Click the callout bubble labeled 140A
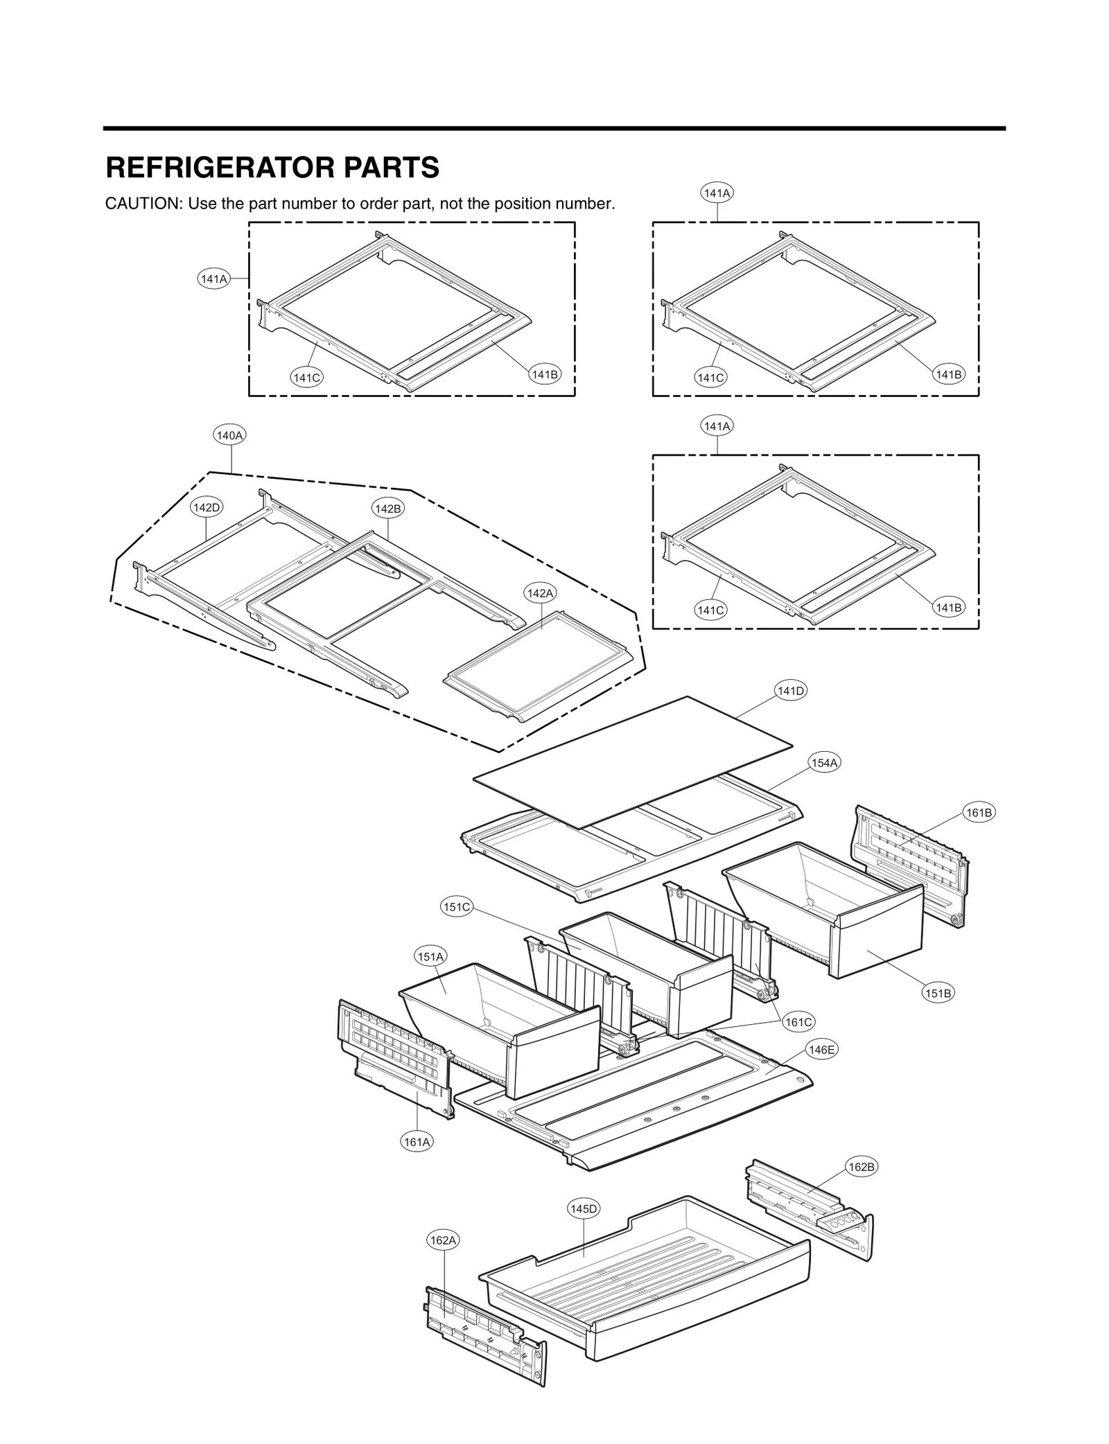click(230, 436)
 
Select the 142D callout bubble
click(207, 507)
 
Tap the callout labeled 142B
click(387, 509)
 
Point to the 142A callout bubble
click(541, 593)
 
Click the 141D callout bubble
click(790, 691)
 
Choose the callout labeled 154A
click(824, 763)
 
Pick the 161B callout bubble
click(979, 813)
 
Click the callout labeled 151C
click(457, 906)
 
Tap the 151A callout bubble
click(430, 957)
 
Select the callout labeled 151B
click(938, 993)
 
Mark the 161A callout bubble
click(417, 1141)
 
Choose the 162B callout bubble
click(862, 1167)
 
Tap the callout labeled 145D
click(583, 1209)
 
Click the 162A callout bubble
click(443, 1240)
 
